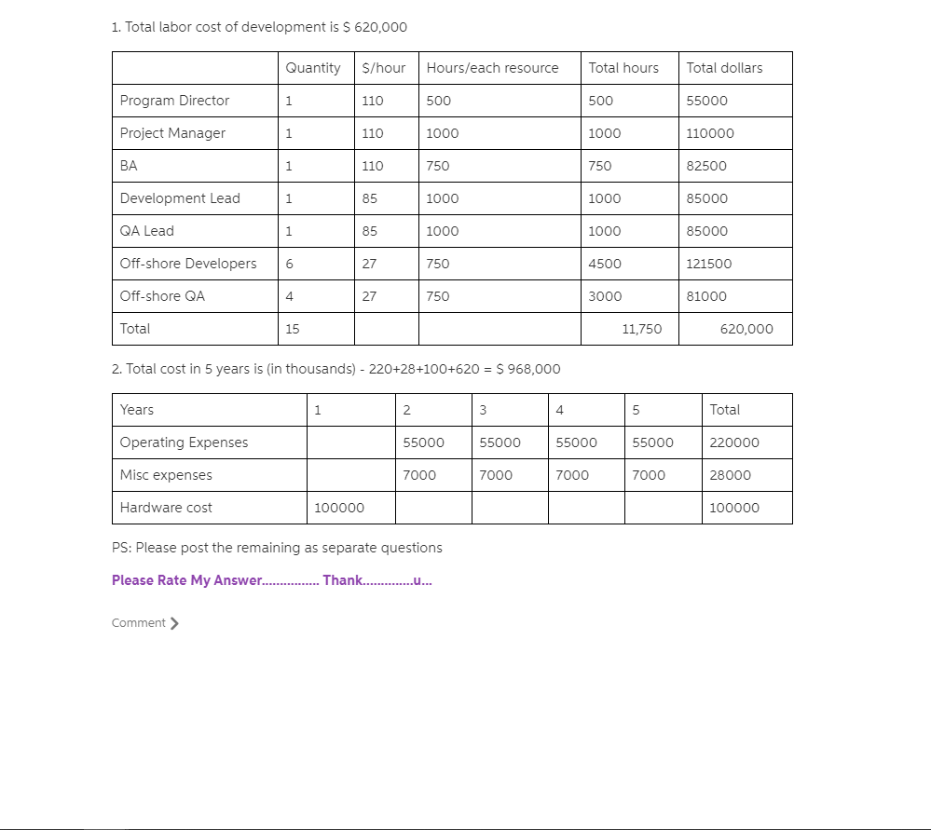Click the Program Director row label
(x=174, y=101)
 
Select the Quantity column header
(x=312, y=68)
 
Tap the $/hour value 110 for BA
(x=372, y=166)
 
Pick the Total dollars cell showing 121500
(x=708, y=264)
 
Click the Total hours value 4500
(x=605, y=264)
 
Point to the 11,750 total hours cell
(x=641, y=329)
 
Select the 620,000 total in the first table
(x=746, y=329)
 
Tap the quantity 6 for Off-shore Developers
(x=289, y=264)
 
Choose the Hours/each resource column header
(x=492, y=68)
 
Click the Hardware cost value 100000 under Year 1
(x=339, y=508)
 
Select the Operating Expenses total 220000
(x=734, y=442)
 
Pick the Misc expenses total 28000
(x=730, y=475)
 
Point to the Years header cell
(x=137, y=410)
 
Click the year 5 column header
(x=636, y=410)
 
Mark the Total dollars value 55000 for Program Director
(x=706, y=101)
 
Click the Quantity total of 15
(x=293, y=329)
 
